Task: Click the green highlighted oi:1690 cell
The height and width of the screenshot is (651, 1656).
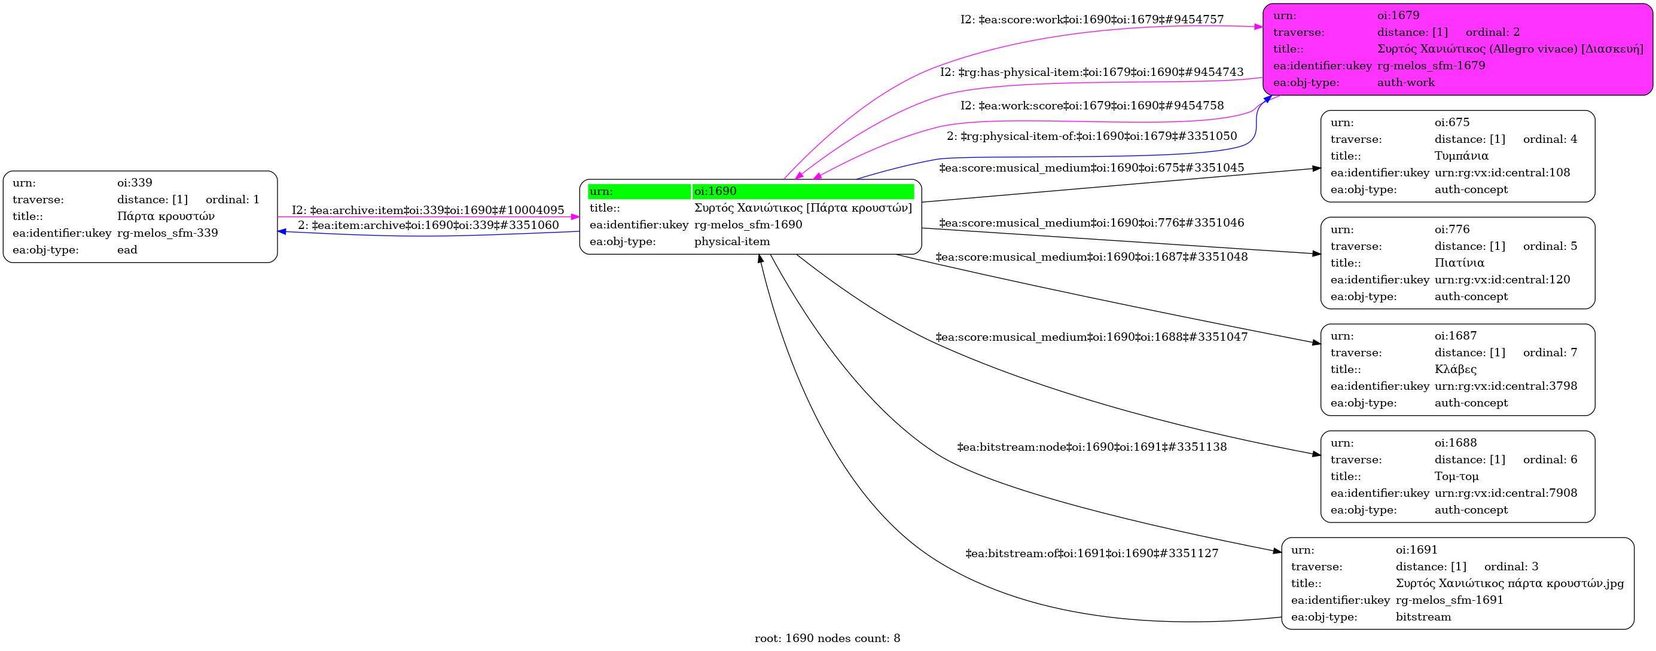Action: click(x=803, y=191)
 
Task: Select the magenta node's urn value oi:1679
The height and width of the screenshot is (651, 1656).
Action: click(x=1398, y=16)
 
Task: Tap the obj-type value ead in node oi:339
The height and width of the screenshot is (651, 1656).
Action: click(x=127, y=250)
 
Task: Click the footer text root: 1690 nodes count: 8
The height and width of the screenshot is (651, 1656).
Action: click(x=827, y=638)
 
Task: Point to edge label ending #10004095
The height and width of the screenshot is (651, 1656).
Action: click(x=428, y=210)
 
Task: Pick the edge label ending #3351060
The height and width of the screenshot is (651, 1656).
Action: click(x=428, y=225)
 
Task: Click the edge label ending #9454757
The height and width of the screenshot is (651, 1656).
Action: click(x=1092, y=20)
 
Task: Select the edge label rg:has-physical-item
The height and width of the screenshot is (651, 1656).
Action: click(x=1092, y=72)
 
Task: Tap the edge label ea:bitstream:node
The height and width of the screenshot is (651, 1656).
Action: click(x=1092, y=447)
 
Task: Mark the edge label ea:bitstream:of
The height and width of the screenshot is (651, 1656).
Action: click(x=1092, y=554)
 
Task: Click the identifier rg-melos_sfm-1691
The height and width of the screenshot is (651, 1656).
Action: click(x=1450, y=600)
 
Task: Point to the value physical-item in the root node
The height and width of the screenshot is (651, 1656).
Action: click(x=732, y=242)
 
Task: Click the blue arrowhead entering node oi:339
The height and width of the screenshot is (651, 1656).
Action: click(x=282, y=231)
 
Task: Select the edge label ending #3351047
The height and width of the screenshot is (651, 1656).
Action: click(x=1091, y=337)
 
